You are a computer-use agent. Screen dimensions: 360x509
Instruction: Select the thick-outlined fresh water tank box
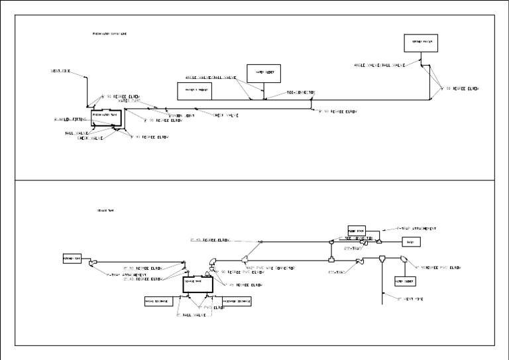[106, 115]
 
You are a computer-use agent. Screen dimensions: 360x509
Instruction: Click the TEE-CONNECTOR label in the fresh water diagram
[301, 92]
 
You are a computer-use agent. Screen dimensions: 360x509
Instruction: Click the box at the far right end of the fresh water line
[422, 42]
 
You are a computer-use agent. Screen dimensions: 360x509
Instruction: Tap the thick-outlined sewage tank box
[199, 284]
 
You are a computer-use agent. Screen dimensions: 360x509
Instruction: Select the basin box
[410, 243]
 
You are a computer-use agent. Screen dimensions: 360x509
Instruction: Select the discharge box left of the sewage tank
[158, 302]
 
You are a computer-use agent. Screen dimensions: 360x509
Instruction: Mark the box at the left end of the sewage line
[72, 259]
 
